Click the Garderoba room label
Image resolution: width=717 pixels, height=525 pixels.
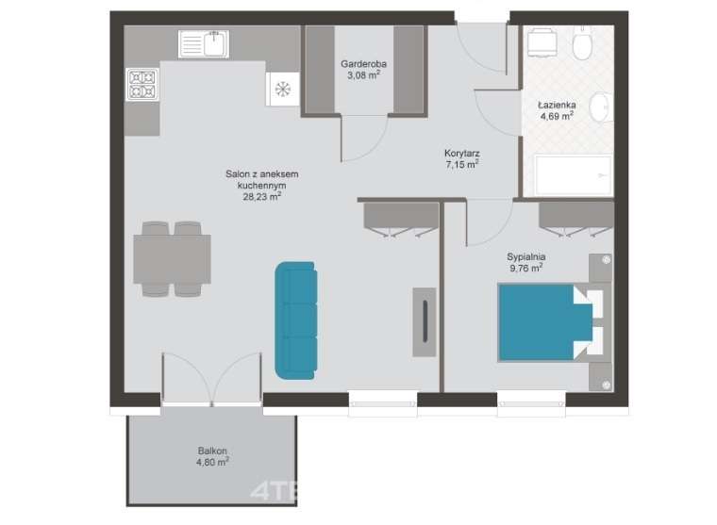click(363, 64)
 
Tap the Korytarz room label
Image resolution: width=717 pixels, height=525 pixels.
click(462, 153)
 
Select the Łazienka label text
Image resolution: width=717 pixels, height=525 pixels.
click(557, 105)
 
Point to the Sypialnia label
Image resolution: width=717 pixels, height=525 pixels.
click(525, 256)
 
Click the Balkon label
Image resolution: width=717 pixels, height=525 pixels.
click(212, 451)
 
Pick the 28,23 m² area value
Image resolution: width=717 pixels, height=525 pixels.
click(261, 196)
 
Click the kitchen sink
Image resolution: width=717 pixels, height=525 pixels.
click(204, 44)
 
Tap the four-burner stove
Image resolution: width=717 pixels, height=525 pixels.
click(142, 85)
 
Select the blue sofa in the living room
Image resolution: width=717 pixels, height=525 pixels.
click(296, 320)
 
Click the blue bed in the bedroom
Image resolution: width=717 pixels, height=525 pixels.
click(545, 322)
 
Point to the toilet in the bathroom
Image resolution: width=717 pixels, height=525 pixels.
click(583, 43)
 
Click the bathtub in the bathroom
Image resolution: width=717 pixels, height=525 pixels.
click(574, 176)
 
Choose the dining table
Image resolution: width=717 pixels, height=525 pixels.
click(172, 259)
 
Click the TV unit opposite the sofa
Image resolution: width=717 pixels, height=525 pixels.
click(425, 321)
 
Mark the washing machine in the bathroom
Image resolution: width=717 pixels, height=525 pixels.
click(542, 43)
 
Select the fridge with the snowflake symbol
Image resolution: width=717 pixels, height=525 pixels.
click(283, 90)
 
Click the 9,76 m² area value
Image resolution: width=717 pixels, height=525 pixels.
click(525, 268)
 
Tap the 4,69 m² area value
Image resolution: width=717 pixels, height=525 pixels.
click(557, 116)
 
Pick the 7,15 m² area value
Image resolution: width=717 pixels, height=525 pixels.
click(462, 165)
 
